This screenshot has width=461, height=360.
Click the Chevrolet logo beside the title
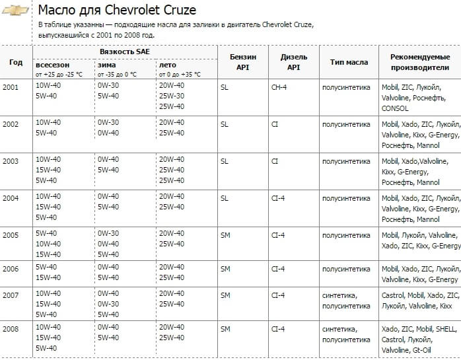[17, 12]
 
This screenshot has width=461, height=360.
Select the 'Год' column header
[16, 62]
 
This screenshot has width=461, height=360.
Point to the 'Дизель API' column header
[293, 62]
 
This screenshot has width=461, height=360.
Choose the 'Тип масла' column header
[349, 62]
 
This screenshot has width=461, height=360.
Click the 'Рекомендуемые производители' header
[420, 62]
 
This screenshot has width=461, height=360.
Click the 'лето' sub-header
[166, 65]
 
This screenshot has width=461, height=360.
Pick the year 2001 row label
[11, 87]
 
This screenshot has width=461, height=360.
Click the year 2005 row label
[11, 234]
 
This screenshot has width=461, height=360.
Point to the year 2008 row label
[11, 328]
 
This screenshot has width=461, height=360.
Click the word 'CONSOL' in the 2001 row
[395, 108]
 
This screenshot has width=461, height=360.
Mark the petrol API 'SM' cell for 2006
[225, 268]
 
